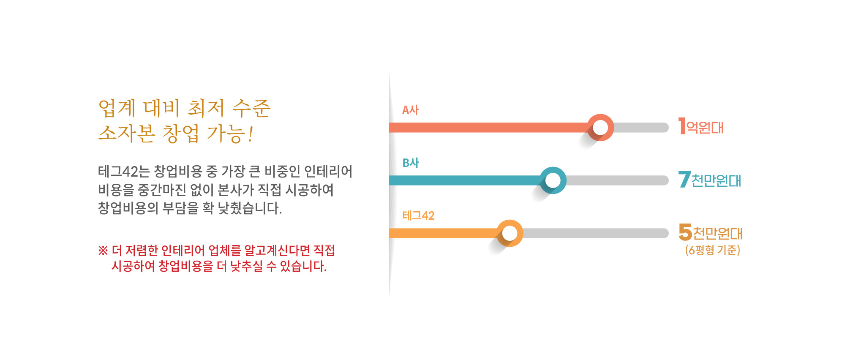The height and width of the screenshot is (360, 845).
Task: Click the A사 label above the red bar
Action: pos(410,110)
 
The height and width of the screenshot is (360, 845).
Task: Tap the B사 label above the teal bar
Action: pos(411,163)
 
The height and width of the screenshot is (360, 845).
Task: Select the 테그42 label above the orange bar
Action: pos(418,215)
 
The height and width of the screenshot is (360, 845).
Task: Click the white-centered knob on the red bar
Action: pos(600,127)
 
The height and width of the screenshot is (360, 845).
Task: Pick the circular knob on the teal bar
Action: pos(553,180)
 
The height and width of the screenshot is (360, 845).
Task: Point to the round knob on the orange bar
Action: pos(510,233)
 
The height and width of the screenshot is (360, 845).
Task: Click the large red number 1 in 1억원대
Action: pos(682,126)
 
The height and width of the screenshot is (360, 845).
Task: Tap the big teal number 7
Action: pos(684,179)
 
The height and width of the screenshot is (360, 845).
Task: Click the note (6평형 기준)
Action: pos(713,250)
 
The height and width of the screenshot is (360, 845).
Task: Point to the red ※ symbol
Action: pos(103,251)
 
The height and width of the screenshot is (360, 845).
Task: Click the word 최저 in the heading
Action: pos(206,108)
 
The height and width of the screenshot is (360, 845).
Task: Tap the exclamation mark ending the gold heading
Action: pos(251,134)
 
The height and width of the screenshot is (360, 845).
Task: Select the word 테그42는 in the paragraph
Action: pos(124,172)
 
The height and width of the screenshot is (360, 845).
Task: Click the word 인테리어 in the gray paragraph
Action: pos(328,172)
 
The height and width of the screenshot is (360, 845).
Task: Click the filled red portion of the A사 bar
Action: pos(488,127)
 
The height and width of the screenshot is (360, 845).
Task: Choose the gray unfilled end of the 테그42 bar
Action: pos(596,233)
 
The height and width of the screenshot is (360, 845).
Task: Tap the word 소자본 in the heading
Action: pos(127,134)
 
